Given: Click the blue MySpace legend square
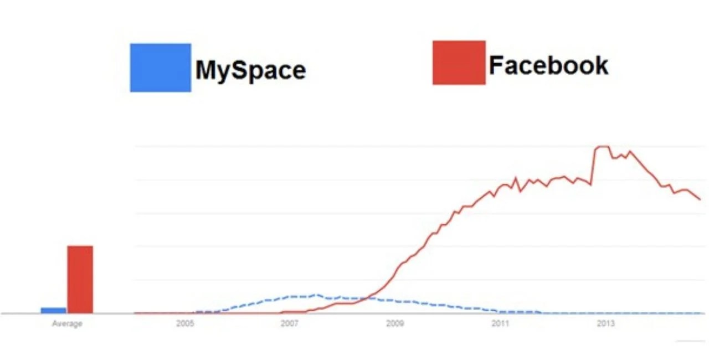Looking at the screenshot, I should (161, 68).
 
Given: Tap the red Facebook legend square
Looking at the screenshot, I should (459, 63).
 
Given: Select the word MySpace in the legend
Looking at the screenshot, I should (250, 70).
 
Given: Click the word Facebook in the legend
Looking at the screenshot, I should (548, 65).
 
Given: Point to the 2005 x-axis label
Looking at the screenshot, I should (185, 323).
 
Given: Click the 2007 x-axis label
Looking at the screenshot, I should (290, 323).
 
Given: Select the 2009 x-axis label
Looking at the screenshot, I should (394, 323).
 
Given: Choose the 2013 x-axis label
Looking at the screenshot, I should (604, 323).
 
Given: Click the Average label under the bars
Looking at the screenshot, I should (67, 324).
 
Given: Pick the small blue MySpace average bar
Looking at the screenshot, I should (53, 310).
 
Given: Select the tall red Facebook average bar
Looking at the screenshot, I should (80, 280).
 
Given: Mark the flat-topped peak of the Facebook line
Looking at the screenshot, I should (602, 147).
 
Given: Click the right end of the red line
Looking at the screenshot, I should (701, 199).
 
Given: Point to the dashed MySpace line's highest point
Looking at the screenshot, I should (317, 295).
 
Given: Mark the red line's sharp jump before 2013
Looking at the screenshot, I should (593, 166).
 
